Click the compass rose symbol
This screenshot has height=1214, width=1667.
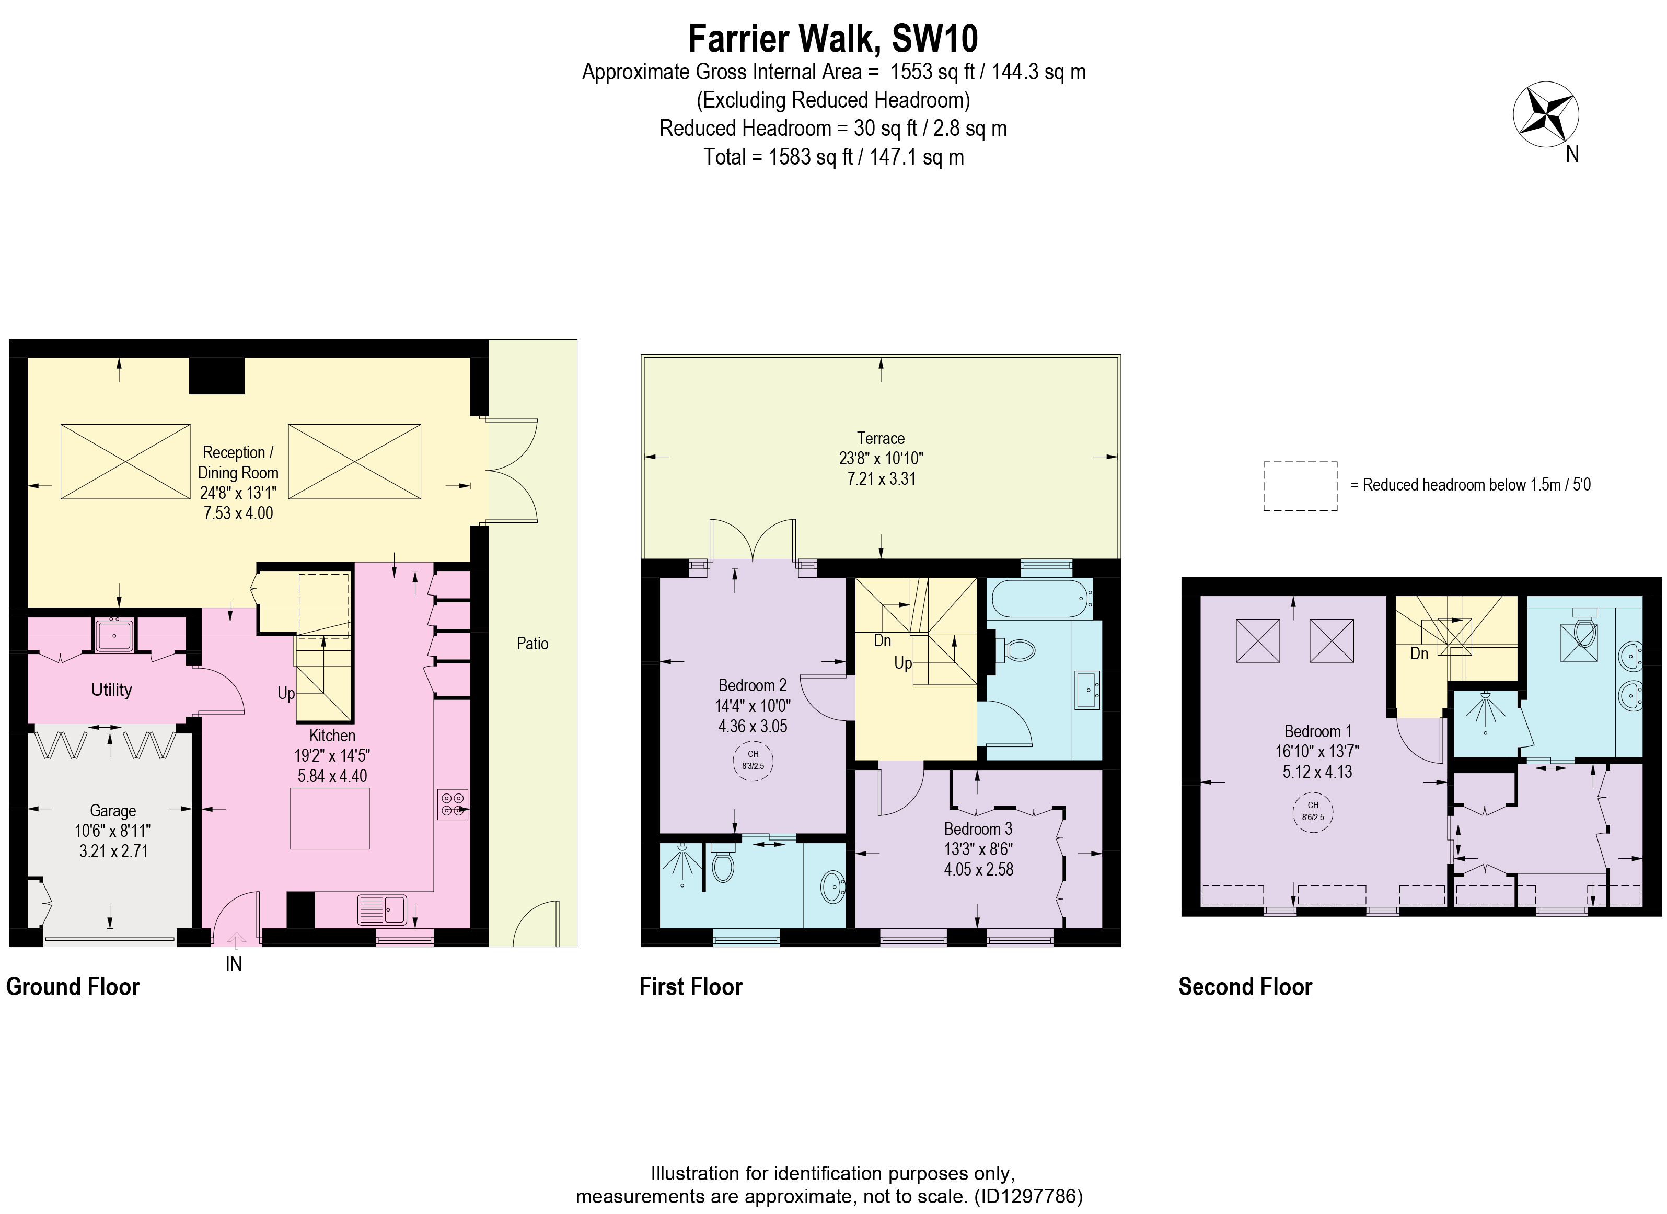pyautogui.click(x=1546, y=114)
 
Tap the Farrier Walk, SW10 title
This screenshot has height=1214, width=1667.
pyautogui.click(x=833, y=38)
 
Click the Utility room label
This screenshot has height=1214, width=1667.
pyautogui.click(x=112, y=690)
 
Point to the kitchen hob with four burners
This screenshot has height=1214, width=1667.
pyautogui.click(x=453, y=804)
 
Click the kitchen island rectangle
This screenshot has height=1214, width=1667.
pyautogui.click(x=330, y=818)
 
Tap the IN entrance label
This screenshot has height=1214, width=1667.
pyautogui.click(x=234, y=964)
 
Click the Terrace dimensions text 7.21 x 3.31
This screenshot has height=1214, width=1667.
pyautogui.click(x=881, y=478)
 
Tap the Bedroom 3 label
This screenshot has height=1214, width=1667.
pyautogui.click(x=978, y=829)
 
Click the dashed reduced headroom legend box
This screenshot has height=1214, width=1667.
pyautogui.click(x=1300, y=486)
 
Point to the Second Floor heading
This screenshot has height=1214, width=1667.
pyautogui.click(x=1245, y=986)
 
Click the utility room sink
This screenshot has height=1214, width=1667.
pyautogui.click(x=114, y=634)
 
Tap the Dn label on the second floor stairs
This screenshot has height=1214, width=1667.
pyautogui.click(x=1419, y=653)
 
